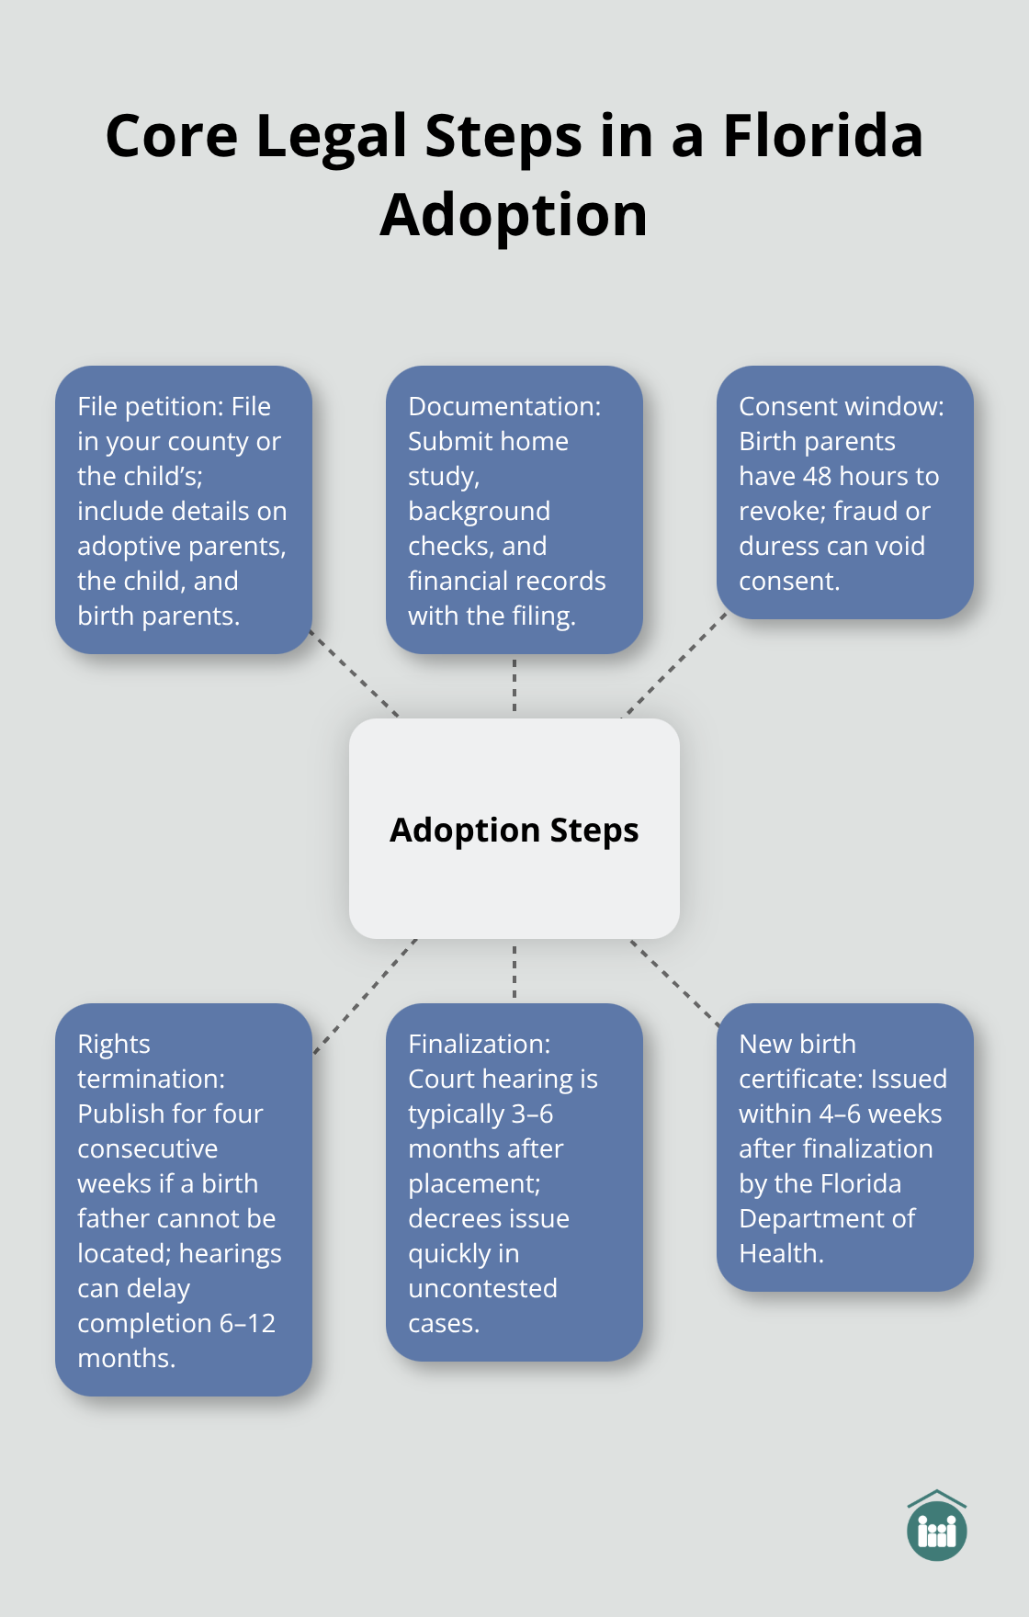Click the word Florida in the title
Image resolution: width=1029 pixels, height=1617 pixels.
(822, 136)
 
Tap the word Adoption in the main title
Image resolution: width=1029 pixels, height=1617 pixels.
(514, 215)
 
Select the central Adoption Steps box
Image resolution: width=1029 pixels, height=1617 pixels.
(514, 829)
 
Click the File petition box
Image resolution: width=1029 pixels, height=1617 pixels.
(184, 510)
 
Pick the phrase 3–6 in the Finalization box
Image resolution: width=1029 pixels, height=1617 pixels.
(532, 1114)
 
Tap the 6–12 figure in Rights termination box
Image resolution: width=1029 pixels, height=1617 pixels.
(247, 1323)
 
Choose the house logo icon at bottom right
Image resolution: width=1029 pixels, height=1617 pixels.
(936, 1526)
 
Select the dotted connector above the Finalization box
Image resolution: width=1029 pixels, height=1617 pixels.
(514, 970)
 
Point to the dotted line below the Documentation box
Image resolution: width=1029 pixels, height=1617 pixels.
(514, 685)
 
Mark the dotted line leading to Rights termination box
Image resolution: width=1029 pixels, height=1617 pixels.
(365, 996)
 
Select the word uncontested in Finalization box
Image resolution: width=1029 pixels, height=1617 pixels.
(482, 1288)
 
